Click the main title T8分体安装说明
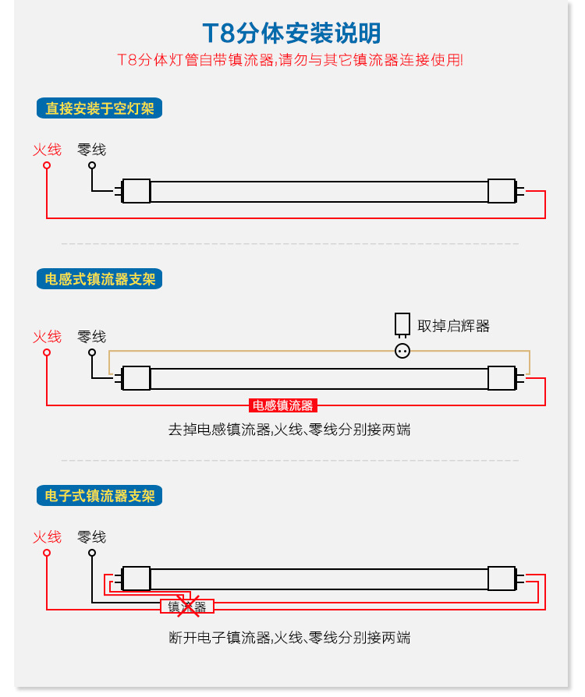pos(292,34)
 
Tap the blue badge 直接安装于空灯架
pos(99,108)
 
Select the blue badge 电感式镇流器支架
pos(99,279)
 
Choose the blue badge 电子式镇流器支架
pos(99,495)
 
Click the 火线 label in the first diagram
pos(47,150)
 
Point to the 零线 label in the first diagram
pos(91,150)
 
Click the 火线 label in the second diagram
pos(47,337)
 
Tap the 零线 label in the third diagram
pos(91,537)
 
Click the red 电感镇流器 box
pos(283,405)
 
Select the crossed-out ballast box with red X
pos(187,607)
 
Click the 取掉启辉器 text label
pos(454,326)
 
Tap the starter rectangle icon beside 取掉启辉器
pos(402,324)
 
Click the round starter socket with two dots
pos(402,351)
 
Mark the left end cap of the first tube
pos(136,191)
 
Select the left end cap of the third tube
pos(136,578)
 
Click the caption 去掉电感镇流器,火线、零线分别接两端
pos(289,430)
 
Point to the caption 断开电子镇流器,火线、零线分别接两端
pos(289,638)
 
